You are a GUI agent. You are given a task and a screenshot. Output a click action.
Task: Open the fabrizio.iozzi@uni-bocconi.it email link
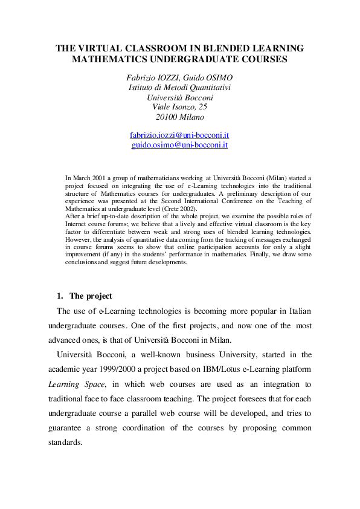[179, 135]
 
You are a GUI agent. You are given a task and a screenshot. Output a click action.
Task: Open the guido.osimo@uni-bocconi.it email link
[179, 145]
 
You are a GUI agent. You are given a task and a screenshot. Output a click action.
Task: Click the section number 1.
[59, 296]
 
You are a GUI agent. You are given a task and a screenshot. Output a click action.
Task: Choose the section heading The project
[91, 296]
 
